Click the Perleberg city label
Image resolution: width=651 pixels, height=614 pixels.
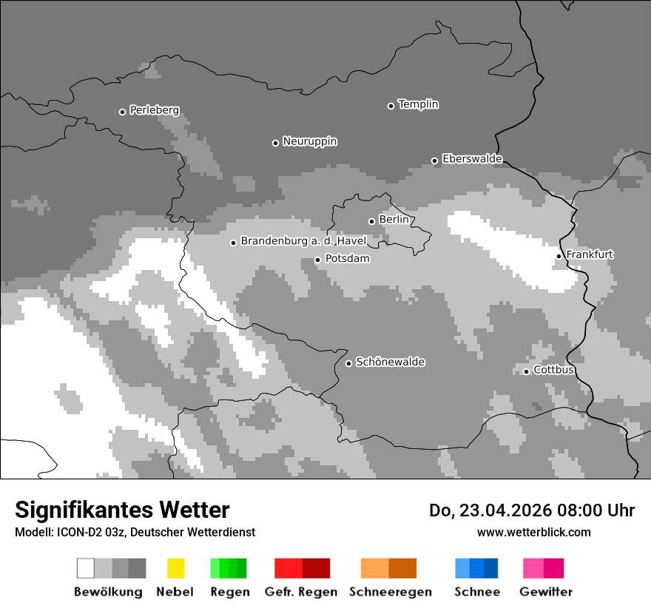click(x=154, y=110)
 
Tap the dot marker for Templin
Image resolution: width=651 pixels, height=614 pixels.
click(x=391, y=106)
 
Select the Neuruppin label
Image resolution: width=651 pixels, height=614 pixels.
click(x=309, y=141)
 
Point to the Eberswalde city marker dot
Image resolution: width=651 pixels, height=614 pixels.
click(x=434, y=161)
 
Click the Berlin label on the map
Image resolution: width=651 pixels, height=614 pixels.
click(x=393, y=220)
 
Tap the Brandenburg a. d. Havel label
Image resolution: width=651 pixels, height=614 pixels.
click(x=303, y=241)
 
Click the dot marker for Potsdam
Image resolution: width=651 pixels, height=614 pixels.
click(x=317, y=260)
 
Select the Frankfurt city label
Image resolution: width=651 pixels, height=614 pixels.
click(x=590, y=254)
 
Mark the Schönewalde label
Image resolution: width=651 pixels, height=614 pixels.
click(x=390, y=362)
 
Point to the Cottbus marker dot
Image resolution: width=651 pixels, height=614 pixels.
click(x=526, y=371)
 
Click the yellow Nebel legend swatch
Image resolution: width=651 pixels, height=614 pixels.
click(x=175, y=568)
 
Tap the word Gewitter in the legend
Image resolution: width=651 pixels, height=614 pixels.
click(x=546, y=592)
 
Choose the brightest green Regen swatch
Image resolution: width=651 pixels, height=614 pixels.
click(x=215, y=568)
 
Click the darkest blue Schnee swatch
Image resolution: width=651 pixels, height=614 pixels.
click(x=491, y=568)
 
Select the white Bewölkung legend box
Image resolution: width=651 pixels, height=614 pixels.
click(x=86, y=568)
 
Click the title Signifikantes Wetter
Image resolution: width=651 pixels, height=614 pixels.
click(x=122, y=510)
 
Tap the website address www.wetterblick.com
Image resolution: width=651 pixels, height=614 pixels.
click(x=533, y=532)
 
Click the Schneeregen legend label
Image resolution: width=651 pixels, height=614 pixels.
click(x=390, y=592)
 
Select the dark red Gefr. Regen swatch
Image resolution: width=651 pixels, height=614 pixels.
click(x=316, y=568)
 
